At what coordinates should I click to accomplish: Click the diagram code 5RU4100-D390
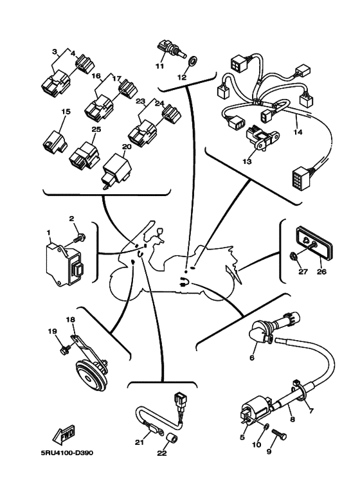[x=67, y=453]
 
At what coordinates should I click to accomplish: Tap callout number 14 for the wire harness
[x=298, y=132]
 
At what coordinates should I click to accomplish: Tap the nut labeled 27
[x=293, y=255]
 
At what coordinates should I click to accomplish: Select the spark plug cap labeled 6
[x=261, y=336]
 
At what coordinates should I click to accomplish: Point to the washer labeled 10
[x=267, y=428]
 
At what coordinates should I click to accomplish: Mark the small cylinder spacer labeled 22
[x=172, y=440]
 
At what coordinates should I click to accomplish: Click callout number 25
[x=96, y=130]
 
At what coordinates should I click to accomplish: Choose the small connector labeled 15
[x=55, y=141]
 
